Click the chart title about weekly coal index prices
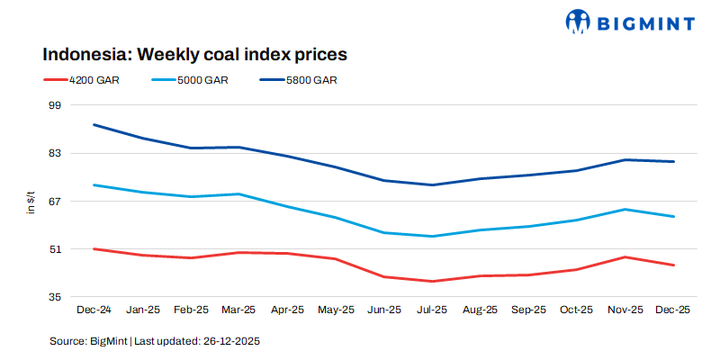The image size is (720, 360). pyautogui.click(x=194, y=54)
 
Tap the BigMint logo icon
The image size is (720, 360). pyautogui.click(x=579, y=21)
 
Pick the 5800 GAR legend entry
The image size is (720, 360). pyautogui.click(x=310, y=80)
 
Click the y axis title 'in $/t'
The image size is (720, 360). pyautogui.click(x=30, y=201)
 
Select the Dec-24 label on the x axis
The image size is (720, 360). pyautogui.click(x=94, y=310)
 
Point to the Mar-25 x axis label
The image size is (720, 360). pyautogui.click(x=238, y=310)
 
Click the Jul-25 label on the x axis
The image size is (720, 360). pyautogui.click(x=431, y=310)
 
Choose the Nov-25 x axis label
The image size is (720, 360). pyautogui.click(x=625, y=310)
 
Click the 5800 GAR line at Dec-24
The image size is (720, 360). pyautogui.click(x=94, y=124)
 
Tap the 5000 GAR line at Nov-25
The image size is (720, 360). pyautogui.click(x=625, y=209)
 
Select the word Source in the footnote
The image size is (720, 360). pyautogui.click(x=67, y=341)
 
